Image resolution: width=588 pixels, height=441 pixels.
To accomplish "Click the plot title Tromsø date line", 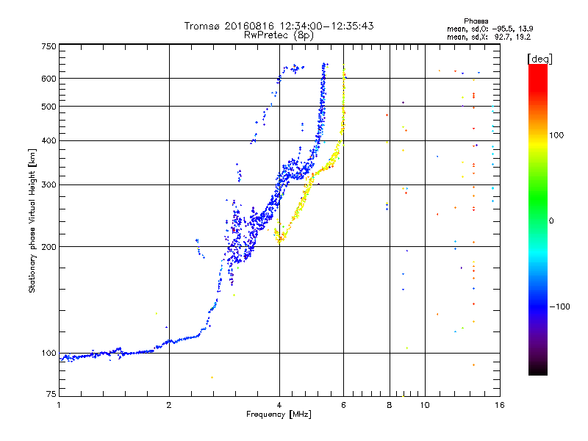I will pos(279,26).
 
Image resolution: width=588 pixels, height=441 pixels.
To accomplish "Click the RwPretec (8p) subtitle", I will pos(279,35).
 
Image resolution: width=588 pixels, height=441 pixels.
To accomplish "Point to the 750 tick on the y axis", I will pos(49,46).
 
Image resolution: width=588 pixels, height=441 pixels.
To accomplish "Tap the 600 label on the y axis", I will pos(49,79).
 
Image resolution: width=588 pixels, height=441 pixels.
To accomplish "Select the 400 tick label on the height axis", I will pos(49,141).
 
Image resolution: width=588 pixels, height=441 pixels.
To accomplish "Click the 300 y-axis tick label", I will pos(49,184).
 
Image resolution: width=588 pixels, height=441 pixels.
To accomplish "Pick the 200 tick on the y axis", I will pos(49,247).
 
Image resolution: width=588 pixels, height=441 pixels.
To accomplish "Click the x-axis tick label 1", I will pos(60,405).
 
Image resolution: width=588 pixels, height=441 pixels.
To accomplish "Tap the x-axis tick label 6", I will pos(344,405).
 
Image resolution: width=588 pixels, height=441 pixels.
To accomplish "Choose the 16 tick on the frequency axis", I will pos(499,405).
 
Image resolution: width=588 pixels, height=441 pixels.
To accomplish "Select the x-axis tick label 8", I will pos(390,405).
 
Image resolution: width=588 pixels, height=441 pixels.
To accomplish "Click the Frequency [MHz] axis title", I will pos(279,415).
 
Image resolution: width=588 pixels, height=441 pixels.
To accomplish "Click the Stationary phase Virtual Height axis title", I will pos(32,220).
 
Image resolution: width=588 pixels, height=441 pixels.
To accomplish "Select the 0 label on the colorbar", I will pos(553,220).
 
